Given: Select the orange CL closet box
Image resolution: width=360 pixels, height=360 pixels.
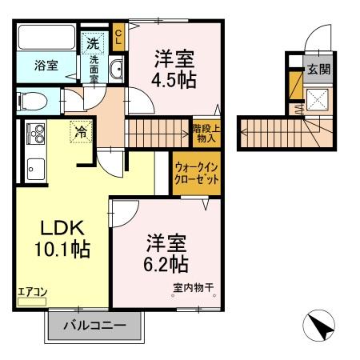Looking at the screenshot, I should click(x=118, y=36).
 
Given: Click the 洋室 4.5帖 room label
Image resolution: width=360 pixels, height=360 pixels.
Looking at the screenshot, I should click(x=174, y=69).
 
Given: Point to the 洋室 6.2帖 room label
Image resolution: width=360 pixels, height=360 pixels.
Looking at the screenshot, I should click(x=166, y=253).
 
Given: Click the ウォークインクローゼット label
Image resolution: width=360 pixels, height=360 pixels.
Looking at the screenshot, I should click(x=196, y=174).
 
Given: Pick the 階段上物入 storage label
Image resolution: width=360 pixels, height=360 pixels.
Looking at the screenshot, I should click(x=205, y=130).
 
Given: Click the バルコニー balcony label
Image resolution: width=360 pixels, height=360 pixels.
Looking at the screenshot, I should click(x=97, y=327).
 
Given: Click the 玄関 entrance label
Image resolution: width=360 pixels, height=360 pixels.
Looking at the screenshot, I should click(x=318, y=69).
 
